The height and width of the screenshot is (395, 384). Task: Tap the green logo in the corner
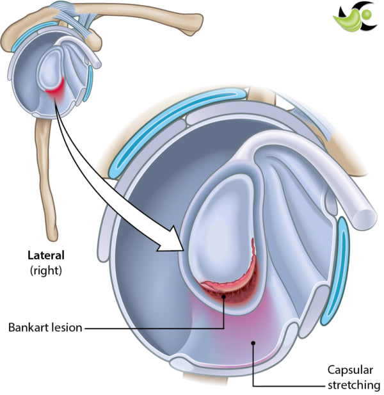click(x=352, y=19)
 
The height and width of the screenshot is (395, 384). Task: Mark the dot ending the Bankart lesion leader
click(x=223, y=296)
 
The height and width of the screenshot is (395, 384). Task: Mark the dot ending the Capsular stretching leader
click(x=254, y=343)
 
